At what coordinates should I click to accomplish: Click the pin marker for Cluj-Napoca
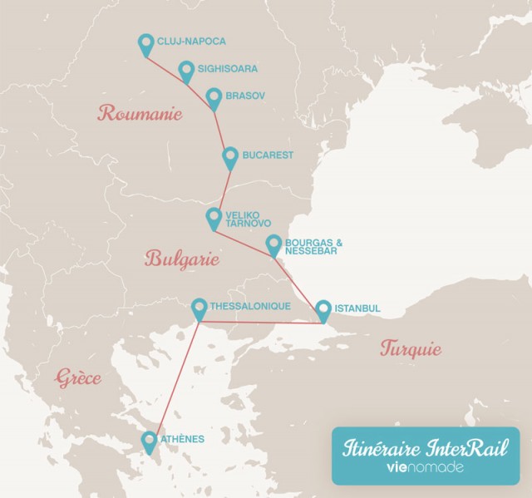coord(146,45)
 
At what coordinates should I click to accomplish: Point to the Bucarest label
coord(268,155)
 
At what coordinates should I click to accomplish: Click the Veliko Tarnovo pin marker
coord(214,219)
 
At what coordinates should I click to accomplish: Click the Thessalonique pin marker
coord(199,309)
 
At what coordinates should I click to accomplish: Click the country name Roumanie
coord(139,114)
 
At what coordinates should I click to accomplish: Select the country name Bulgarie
coord(181,259)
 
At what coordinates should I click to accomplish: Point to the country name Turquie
coord(411,348)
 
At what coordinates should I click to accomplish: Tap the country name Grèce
coord(79,378)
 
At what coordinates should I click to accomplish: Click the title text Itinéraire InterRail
coord(425,446)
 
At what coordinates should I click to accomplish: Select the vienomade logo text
coord(425,467)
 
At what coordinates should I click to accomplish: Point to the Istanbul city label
coord(357,308)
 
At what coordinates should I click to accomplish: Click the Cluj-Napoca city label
coord(191,41)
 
